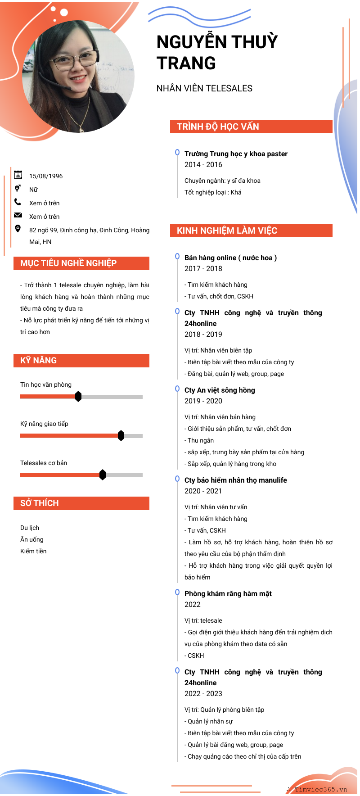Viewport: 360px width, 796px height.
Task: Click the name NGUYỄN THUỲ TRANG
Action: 217,52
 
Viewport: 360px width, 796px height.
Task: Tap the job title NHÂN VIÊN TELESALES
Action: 204,88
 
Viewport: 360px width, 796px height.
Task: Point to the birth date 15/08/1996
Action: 46,176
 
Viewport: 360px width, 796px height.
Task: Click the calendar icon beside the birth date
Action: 18,175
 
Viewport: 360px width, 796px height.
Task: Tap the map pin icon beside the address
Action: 18,229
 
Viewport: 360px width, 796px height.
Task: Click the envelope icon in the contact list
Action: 18,215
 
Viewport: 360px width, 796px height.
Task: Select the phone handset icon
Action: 18,202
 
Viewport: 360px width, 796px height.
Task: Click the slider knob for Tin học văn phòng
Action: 78,397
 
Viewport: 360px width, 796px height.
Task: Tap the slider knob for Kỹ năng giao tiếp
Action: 121,436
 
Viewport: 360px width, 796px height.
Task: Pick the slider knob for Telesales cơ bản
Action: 103,475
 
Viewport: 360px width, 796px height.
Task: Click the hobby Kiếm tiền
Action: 33,551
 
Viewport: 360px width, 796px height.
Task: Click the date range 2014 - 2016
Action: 203,165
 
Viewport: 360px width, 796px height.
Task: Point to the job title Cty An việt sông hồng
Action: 220,390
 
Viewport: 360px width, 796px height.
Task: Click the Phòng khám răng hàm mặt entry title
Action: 228,594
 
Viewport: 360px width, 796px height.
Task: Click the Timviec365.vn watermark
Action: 320,789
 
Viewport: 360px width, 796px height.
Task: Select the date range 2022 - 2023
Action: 203,694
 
